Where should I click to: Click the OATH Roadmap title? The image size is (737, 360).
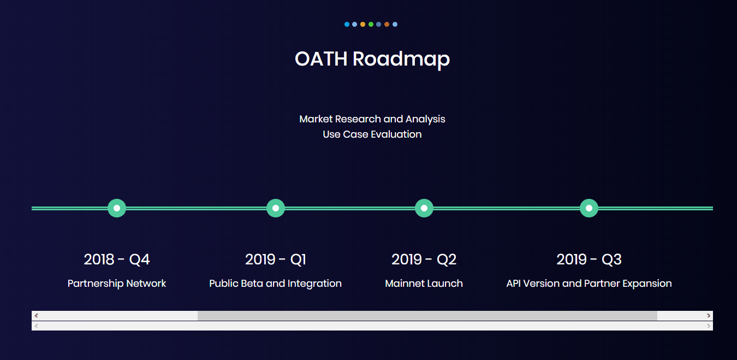tap(372, 60)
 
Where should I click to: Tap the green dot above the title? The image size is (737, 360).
tap(371, 25)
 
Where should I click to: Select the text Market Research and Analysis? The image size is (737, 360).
tap(372, 119)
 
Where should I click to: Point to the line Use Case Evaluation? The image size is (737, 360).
tap(372, 134)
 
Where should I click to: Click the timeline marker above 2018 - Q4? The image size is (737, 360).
tap(117, 208)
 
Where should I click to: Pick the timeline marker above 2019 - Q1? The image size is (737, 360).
tap(276, 208)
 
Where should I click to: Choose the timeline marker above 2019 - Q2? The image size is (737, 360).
tap(424, 208)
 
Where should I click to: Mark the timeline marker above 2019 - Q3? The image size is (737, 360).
tap(589, 208)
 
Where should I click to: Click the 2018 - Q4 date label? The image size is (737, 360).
tap(117, 259)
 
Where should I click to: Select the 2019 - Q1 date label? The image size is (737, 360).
tap(276, 259)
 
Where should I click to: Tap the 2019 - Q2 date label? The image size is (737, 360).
tap(424, 259)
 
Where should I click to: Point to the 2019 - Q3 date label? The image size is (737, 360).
tap(589, 259)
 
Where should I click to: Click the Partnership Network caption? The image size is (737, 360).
tap(117, 284)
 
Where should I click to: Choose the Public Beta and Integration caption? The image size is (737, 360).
tap(275, 284)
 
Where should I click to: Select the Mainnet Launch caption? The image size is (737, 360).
tap(424, 284)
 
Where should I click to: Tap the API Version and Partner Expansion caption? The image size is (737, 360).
tap(589, 284)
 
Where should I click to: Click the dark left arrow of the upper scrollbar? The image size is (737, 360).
tap(36, 316)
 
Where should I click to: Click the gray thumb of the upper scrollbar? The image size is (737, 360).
tap(427, 316)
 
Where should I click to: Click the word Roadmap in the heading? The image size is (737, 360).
tap(401, 60)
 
